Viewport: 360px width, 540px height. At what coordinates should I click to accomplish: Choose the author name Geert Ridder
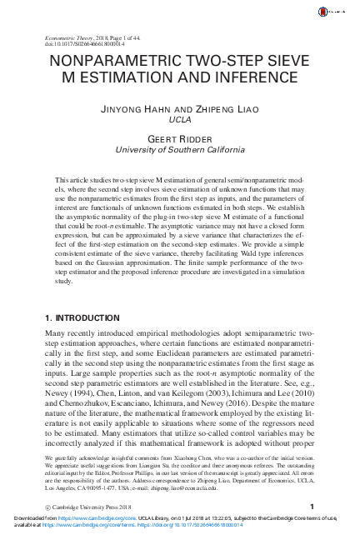coord(179,138)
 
